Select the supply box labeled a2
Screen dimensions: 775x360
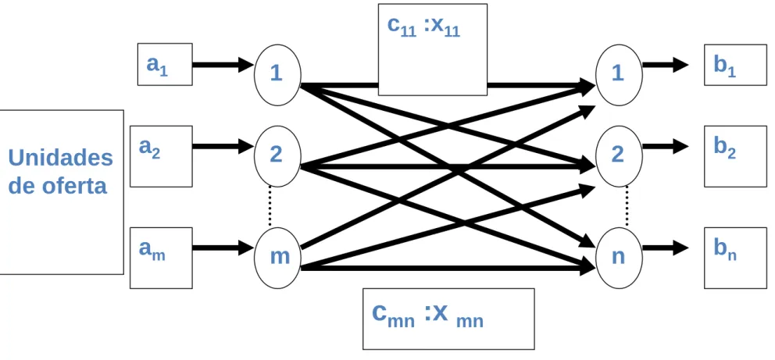click(161, 156)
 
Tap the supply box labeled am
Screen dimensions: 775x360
click(161, 258)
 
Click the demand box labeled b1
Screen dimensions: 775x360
click(735, 65)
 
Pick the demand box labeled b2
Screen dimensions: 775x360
click(735, 156)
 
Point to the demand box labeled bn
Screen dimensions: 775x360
click(735, 258)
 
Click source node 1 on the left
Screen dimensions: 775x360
click(277, 74)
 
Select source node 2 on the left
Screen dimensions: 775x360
click(277, 156)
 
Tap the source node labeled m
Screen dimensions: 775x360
click(277, 258)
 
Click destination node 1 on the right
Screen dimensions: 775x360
click(619, 74)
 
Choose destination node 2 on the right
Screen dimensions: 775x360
click(619, 156)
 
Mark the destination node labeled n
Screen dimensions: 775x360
click(619, 258)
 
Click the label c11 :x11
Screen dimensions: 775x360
click(423, 27)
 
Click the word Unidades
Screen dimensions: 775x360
click(61, 158)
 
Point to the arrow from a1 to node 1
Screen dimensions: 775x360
click(223, 64)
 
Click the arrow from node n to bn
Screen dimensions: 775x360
click(666, 247)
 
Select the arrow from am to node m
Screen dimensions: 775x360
click(223, 248)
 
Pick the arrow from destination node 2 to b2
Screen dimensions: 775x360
click(666, 146)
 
